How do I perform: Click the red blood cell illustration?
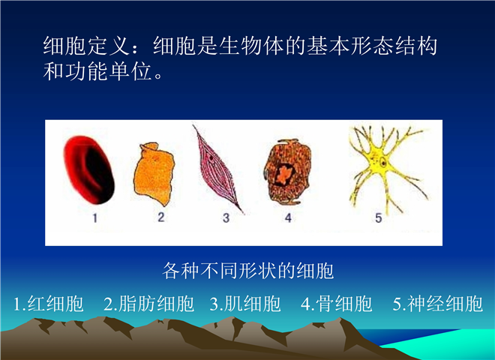tap(88, 169)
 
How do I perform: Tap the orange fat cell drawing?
tap(154, 174)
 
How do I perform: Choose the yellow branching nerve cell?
tap(382, 164)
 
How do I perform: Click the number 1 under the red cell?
tap(95, 218)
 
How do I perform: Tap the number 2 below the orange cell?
tap(161, 217)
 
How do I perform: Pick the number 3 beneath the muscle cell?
tap(226, 218)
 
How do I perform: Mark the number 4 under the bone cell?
tap(288, 218)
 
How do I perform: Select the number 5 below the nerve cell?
tap(379, 218)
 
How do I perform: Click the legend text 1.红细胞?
tap(49, 304)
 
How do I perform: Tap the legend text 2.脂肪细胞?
tap(149, 304)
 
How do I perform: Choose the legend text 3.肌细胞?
tap(245, 304)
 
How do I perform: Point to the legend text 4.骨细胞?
tap(337, 304)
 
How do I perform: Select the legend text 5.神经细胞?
tap(438, 304)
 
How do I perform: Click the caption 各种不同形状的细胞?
tap(248, 271)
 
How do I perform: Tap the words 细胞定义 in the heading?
tap(86, 46)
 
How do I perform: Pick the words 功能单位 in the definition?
tap(108, 72)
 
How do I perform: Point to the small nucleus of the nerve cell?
tap(383, 163)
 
